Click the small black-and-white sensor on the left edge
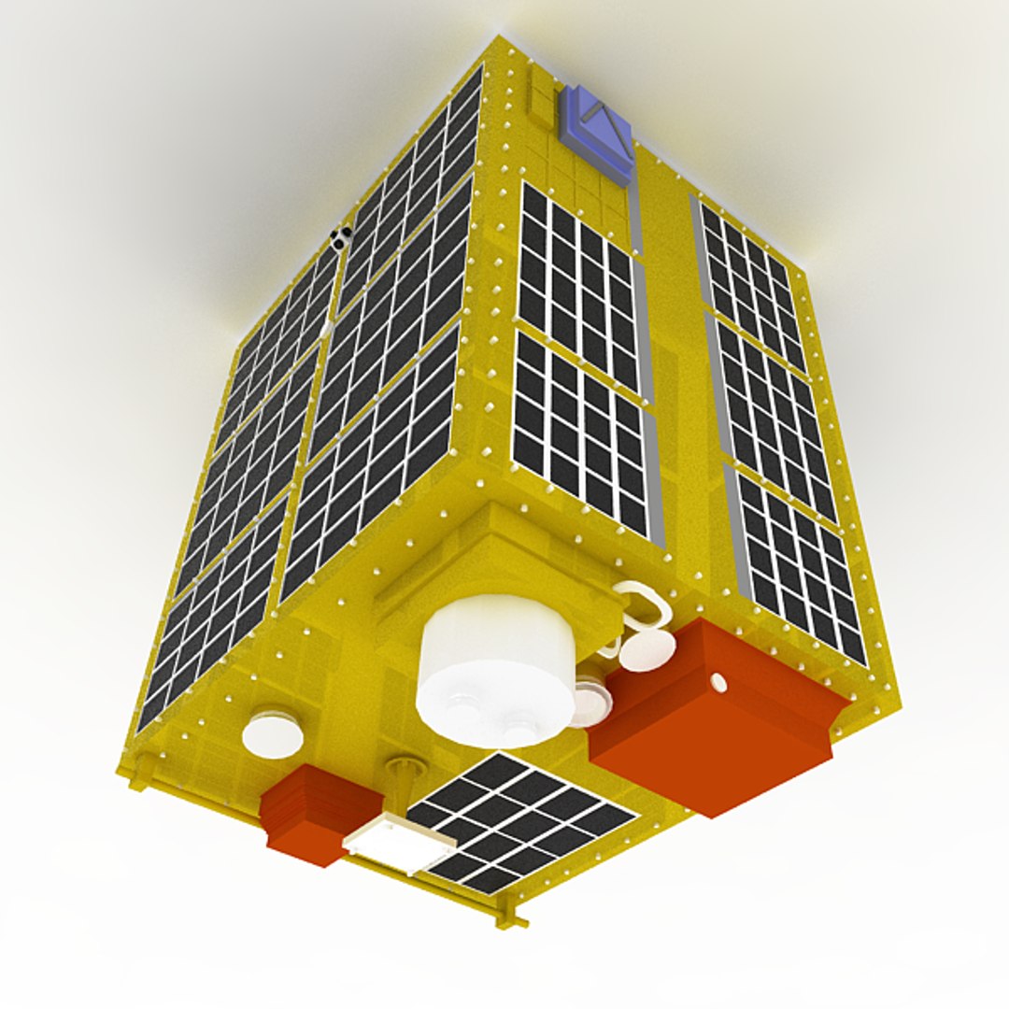pyautogui.click(x=340, y=237)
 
